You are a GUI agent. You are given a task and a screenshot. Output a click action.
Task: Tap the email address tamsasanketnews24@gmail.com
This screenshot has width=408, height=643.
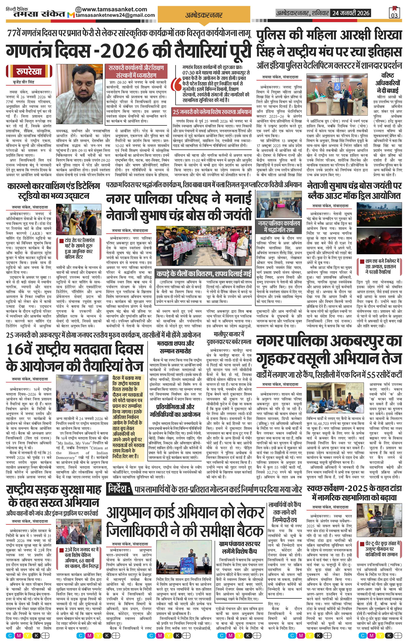[115, 15]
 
